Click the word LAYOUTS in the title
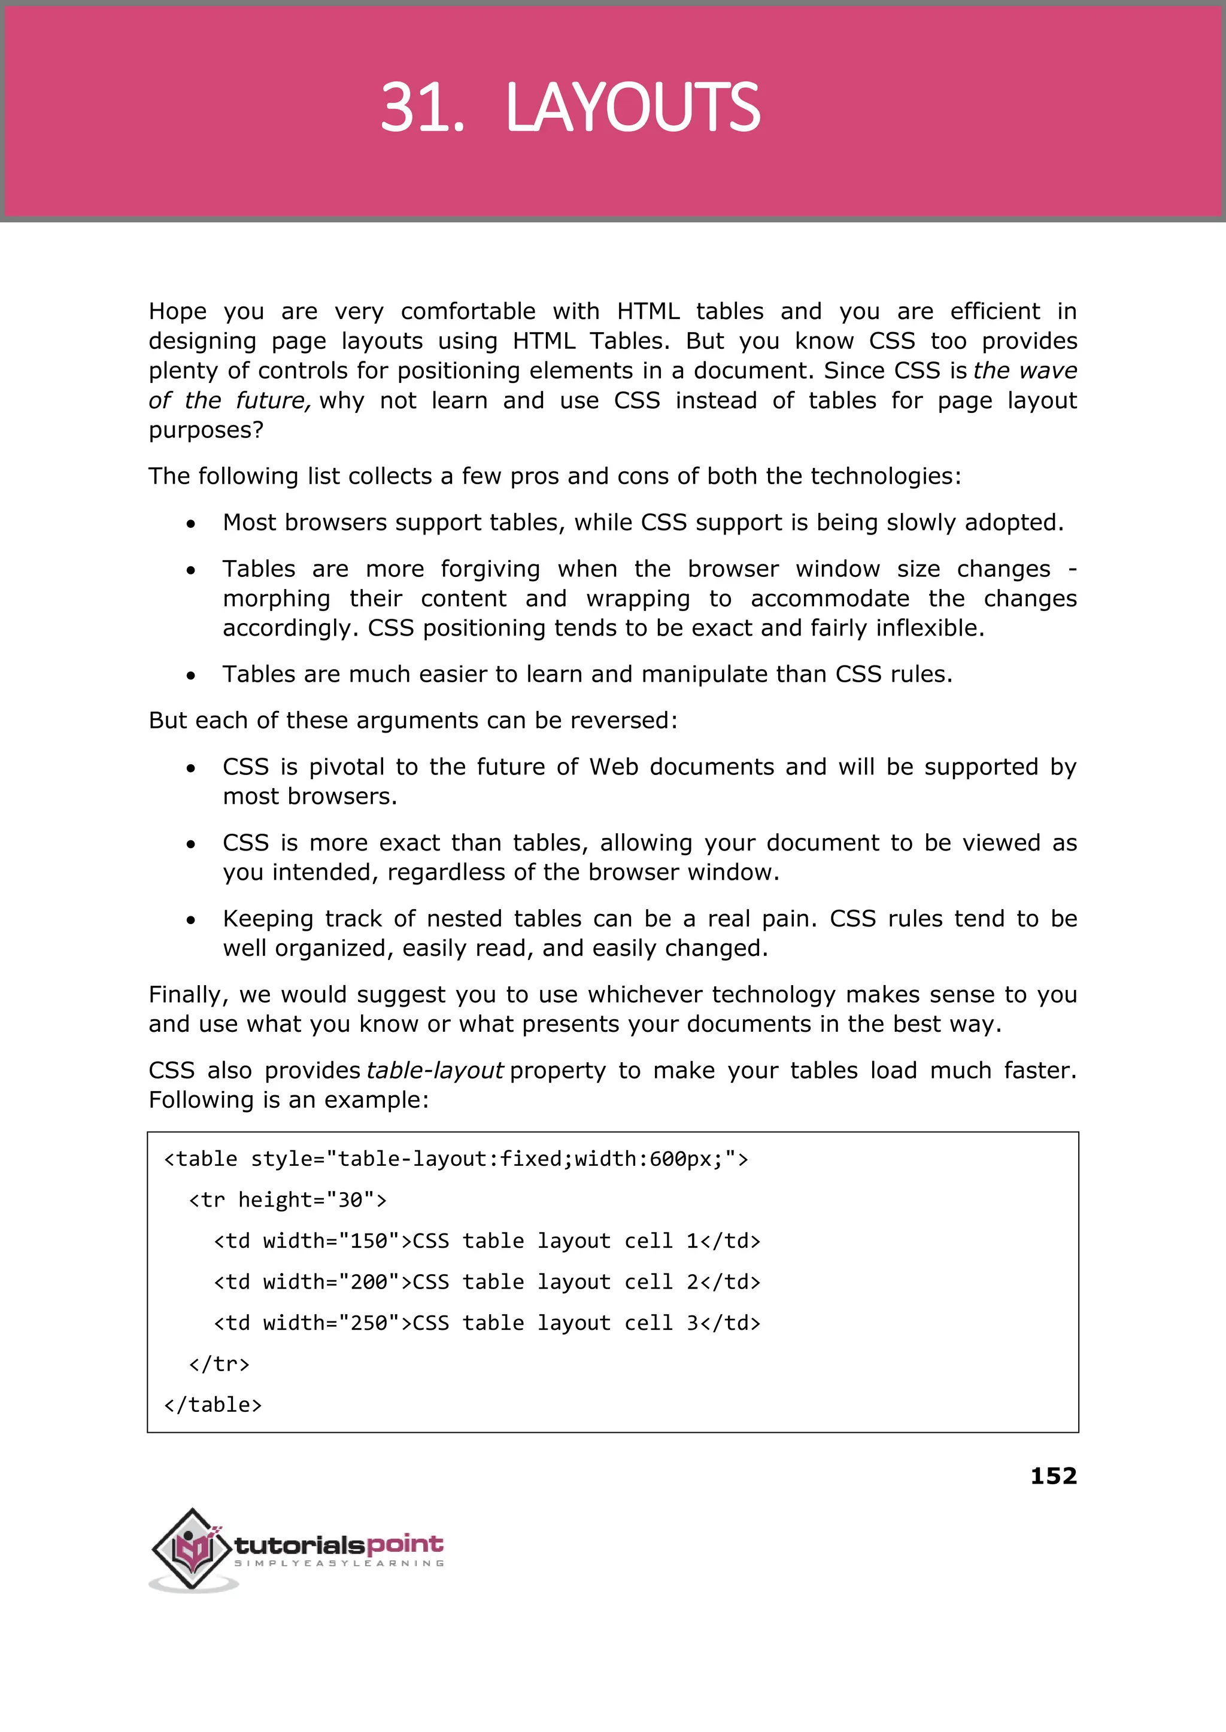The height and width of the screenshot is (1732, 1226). [x=633, y=107]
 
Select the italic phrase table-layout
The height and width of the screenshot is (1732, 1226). [x=435, y=1070]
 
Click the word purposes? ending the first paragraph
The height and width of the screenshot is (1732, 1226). [x=205, y=430]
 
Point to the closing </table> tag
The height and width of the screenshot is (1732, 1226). [x=213, y=1405]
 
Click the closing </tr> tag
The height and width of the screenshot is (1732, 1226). [x=219, y=1364]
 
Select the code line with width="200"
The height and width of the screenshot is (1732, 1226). [x=487, y=1281]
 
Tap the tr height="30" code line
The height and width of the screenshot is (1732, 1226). [x=287, y=1200]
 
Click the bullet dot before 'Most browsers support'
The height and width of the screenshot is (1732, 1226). [x=191, y=524]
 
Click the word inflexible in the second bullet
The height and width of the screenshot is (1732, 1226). [x=929, y=628]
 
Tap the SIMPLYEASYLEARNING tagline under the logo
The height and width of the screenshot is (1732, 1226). [x=339, y=1564]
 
